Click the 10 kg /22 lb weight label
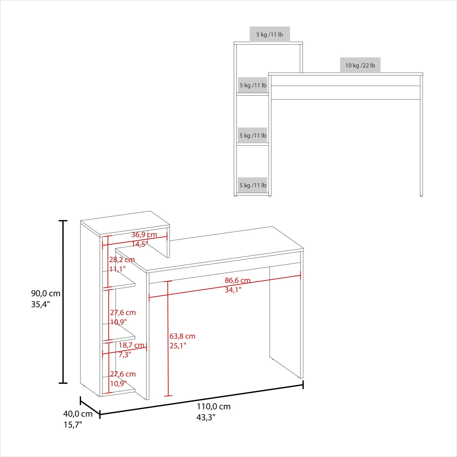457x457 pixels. [360, 65]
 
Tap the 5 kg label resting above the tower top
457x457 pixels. [270, 35]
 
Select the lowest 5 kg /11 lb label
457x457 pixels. [253, 185]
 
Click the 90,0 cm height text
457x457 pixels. [46, 294]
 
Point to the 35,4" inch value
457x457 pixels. [40, 304]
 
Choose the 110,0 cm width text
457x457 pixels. [214, 406]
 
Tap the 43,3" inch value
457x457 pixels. [206, 417]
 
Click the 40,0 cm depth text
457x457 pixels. [78, 414]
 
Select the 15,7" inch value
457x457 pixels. [73, 425]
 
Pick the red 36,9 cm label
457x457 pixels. [144, 235]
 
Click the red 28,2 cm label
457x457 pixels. [122, 260]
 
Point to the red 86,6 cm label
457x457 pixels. [238, 281]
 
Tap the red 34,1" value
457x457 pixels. [233, 290]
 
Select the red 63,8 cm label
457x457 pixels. [182, 336]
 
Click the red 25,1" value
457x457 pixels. [178, 346]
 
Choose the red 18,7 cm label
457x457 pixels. [131, 345]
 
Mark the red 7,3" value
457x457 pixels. [125, 355]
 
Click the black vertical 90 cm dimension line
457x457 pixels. [63, 302]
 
